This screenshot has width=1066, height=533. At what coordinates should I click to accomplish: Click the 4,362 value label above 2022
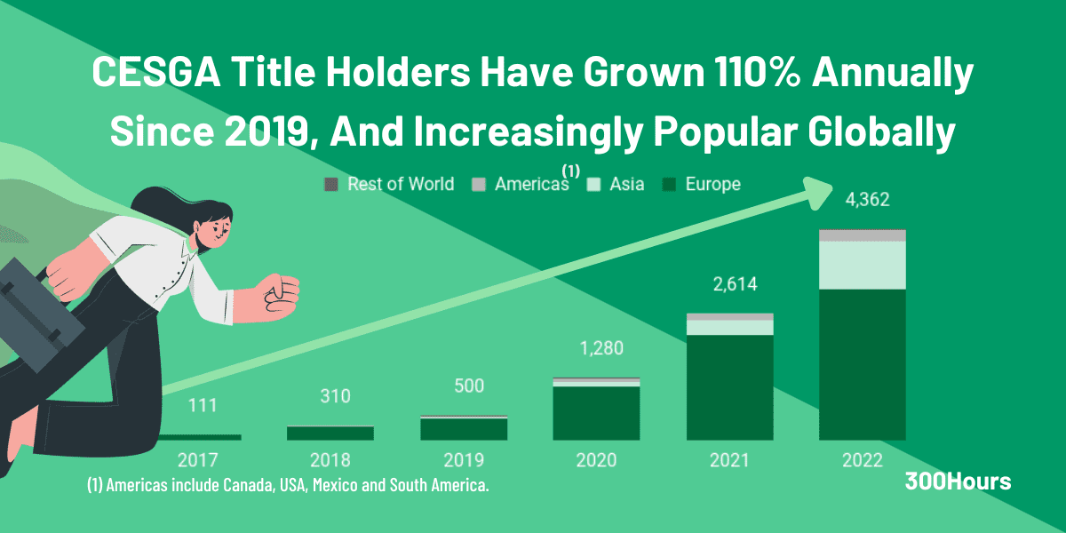(862, 200)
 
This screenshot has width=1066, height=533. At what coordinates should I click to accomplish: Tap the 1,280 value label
(596, 350)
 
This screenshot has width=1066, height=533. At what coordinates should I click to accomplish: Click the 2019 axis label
(463, 460)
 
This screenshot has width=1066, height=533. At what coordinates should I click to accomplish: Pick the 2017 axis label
(197, 460)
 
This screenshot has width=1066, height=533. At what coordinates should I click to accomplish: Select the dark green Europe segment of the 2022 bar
(862, 364)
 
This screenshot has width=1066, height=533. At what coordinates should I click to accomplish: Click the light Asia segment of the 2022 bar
(862, 265)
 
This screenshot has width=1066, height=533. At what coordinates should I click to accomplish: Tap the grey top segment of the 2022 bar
(862, 235)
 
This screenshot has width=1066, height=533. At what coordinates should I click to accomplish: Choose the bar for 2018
(330, 433)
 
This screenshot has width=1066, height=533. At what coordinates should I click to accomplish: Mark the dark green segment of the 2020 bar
(596, 413)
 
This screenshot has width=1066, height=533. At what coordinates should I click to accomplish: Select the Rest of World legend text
(401, 185)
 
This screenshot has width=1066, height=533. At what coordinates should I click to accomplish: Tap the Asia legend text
(626, 185)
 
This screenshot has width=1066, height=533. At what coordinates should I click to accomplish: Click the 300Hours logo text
(958, 481)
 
